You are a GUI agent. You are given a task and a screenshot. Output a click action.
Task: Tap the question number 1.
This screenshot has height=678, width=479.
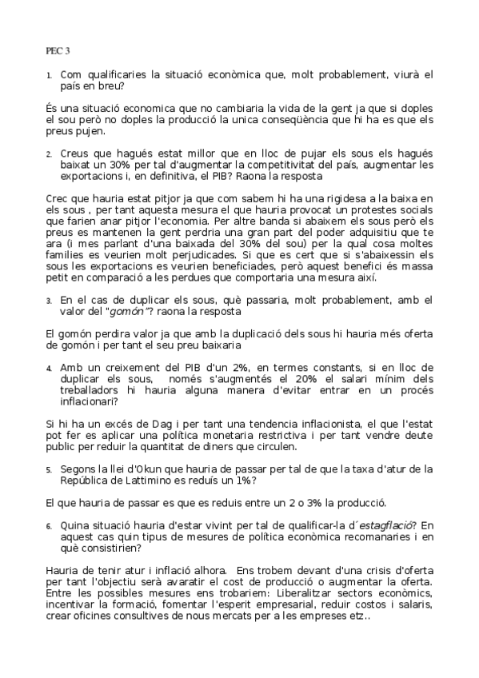pos(49,76)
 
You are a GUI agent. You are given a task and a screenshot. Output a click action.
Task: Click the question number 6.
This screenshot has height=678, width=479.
pos(49,526)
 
